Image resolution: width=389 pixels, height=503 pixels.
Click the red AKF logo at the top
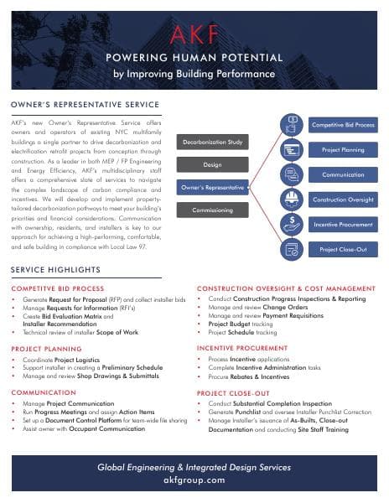[x=194, y=34]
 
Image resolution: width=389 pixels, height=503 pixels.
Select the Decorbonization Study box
[x=212, y=143]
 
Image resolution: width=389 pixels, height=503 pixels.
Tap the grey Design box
[x=212, y=164]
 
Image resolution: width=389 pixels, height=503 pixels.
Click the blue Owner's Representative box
[x=212, y=188]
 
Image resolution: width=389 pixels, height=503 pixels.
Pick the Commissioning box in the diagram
[x=212, y=210]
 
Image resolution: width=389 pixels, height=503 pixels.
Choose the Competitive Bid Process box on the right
[x=342, y=124]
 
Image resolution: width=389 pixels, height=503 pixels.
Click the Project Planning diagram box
[x=342, y=149]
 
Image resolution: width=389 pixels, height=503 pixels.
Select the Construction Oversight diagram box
[x=342, y=200]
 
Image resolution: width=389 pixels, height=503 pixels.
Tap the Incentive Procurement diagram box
[x=342, y=225]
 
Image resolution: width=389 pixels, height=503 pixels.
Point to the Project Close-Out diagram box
[x=342, y=250]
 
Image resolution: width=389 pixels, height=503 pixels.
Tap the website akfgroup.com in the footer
[x=194, y=480]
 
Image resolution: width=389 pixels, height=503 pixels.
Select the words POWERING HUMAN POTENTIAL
[x=194, y=58]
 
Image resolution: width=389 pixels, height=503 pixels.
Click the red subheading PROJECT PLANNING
[x=46, y=347]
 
